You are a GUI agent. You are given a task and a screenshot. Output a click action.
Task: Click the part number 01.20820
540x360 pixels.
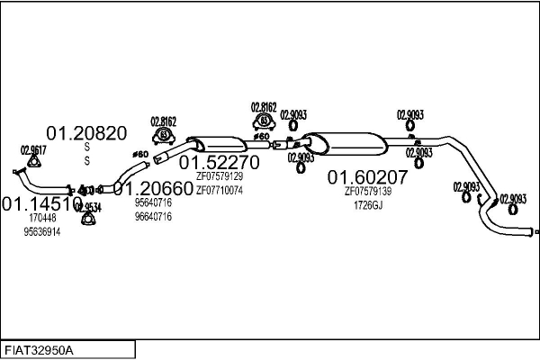86,133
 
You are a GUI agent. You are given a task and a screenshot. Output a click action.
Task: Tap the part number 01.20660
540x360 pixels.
153,189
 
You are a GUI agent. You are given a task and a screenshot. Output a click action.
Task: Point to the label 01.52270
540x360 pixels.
219,162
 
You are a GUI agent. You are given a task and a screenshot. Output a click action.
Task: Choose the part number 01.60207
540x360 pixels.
367,177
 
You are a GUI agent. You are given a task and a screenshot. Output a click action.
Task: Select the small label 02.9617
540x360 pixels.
33,150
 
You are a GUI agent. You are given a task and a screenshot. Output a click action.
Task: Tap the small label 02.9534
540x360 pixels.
88,207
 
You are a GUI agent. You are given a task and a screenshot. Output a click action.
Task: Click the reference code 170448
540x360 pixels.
42,218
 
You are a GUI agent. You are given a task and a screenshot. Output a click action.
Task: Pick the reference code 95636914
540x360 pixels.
42,231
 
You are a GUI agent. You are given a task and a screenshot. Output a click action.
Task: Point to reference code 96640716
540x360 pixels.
153,217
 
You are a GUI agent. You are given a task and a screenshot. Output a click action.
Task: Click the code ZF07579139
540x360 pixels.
367,191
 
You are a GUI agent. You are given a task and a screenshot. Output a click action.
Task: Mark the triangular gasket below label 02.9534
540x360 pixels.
88,221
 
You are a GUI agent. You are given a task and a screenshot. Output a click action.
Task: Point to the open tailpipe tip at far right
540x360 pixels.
532,233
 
